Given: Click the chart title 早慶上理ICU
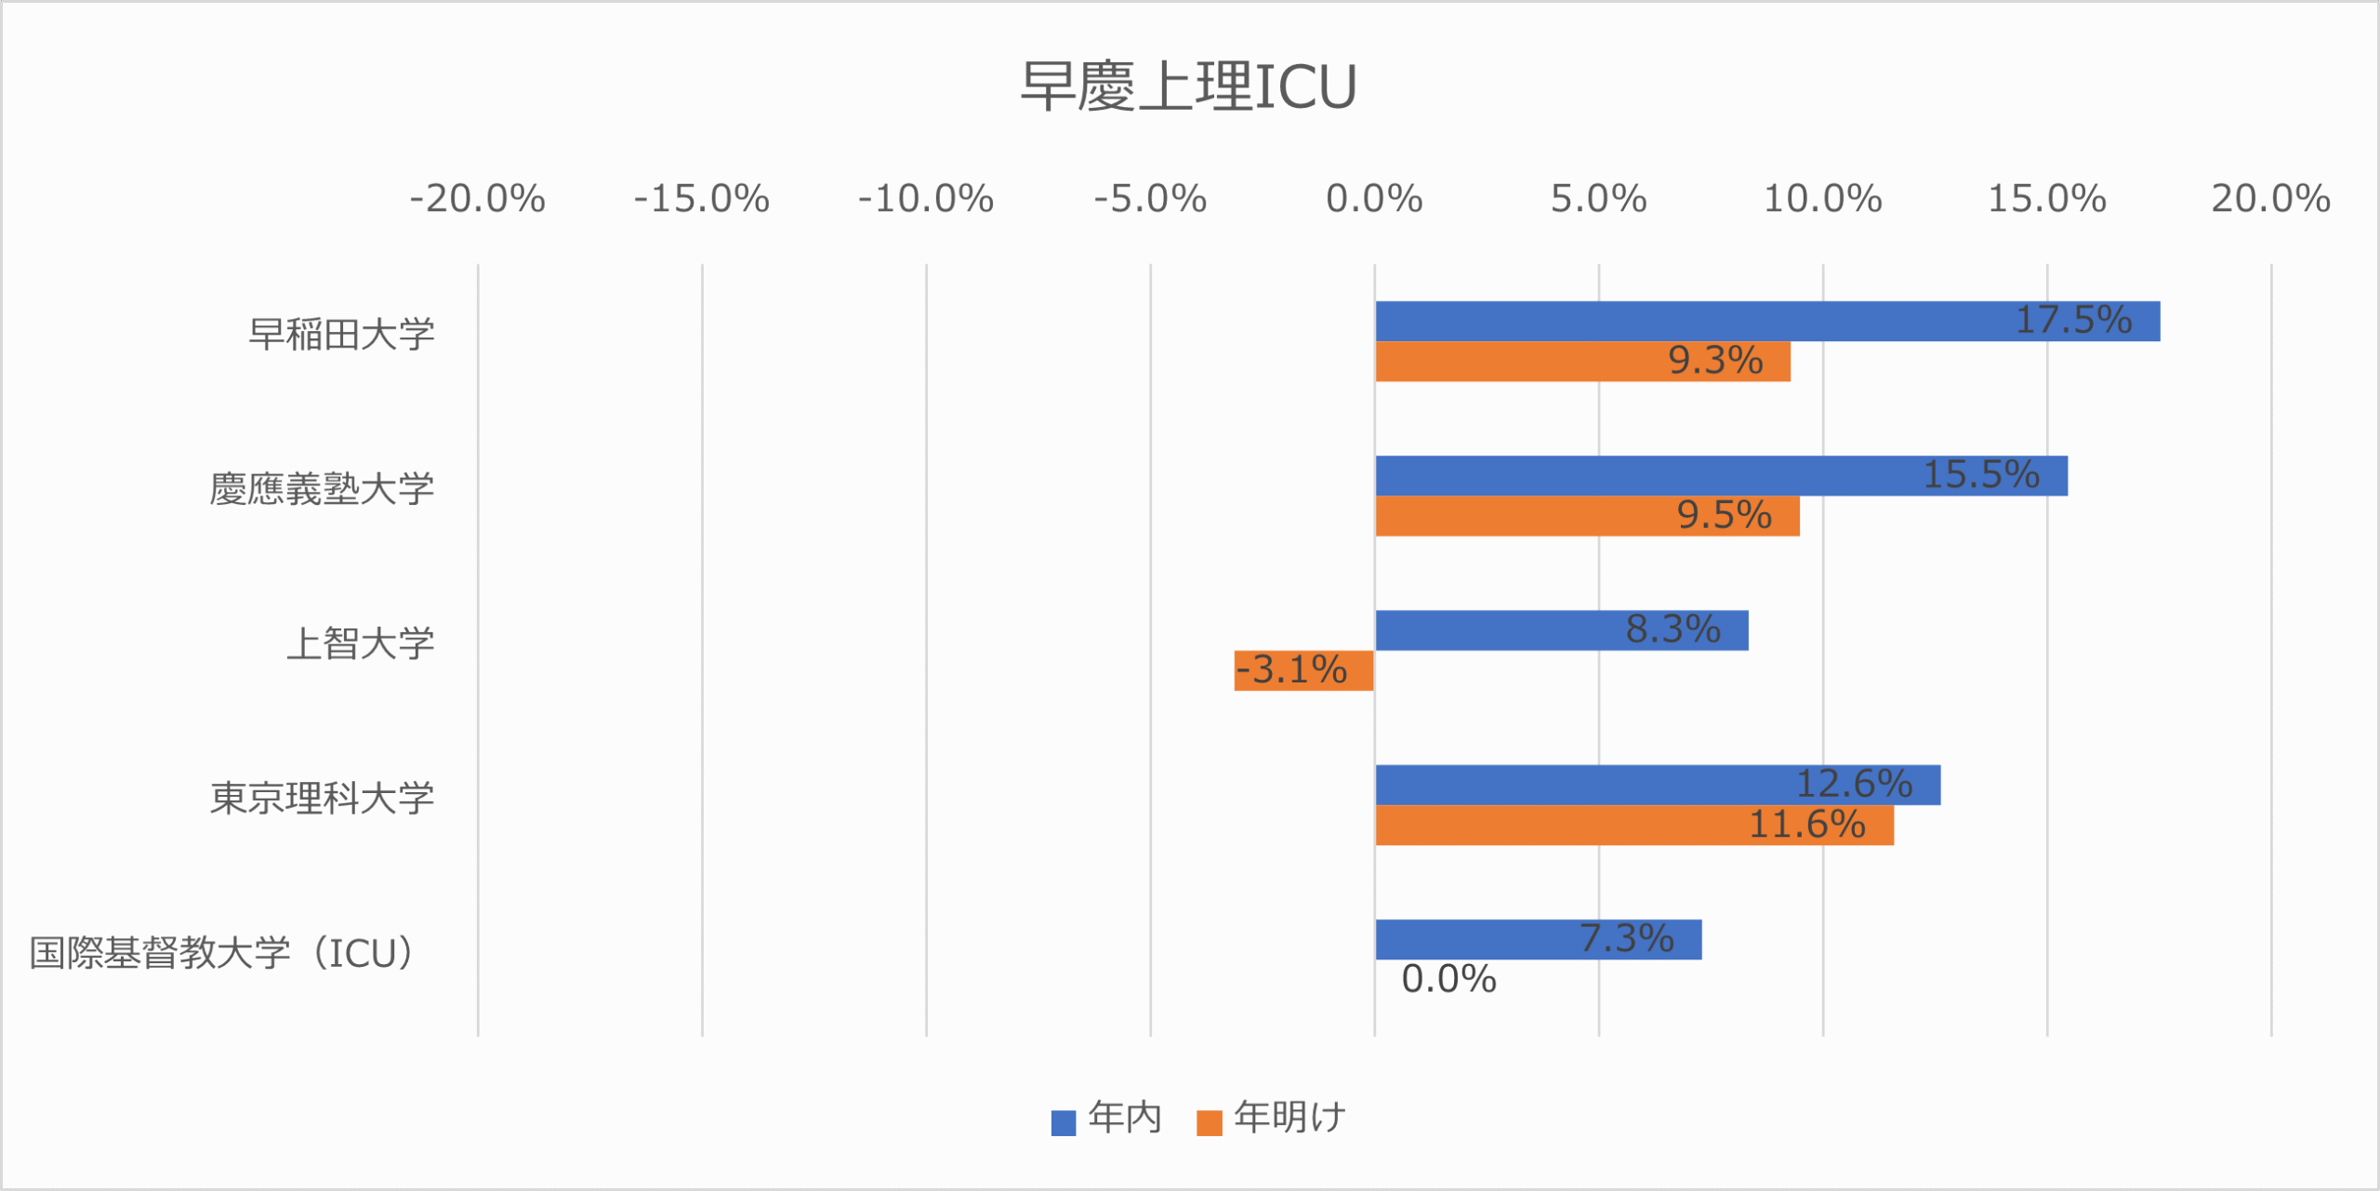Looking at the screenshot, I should point(1188,86).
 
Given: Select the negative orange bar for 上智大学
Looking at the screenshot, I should point(1303,670).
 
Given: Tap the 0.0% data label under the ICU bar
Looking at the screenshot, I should point(1448,980).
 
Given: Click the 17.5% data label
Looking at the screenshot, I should point(2073,321).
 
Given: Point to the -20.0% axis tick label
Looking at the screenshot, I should point(477,199).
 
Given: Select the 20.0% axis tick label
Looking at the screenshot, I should point(2270,199).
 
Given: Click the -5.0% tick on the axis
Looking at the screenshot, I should point(1150,199).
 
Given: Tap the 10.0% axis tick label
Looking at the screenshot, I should point(1822,199).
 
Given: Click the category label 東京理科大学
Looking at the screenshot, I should point(322,799).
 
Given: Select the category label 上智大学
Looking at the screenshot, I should point(360,643).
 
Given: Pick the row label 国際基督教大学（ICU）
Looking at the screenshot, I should point(222,953).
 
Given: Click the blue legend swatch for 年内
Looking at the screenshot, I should point(1063,1123).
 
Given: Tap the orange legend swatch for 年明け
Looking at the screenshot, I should point(1209,1123).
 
